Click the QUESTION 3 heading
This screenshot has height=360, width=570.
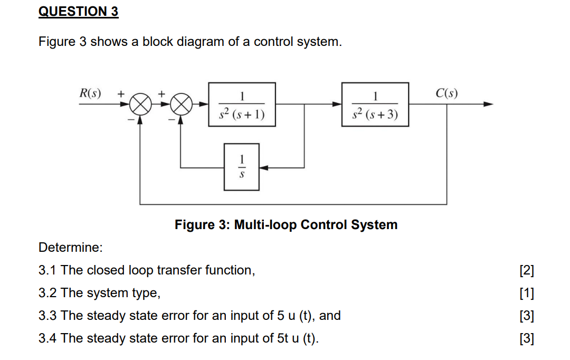click(79, 12)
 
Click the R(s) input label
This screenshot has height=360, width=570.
click(90, 94)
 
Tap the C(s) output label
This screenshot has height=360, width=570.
click(446, 94)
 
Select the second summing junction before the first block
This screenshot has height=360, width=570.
click(181, 105)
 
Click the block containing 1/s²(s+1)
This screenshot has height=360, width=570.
click(242, 105)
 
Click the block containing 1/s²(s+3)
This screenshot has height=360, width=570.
click(375, 105)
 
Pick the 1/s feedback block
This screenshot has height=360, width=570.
click(241, 167)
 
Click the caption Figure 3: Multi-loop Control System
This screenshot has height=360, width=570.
click(286, 225)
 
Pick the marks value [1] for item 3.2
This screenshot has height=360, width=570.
click(526, 293)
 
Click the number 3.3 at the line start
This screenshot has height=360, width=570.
click(48, 316)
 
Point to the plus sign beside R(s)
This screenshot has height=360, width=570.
click(120, 93)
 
